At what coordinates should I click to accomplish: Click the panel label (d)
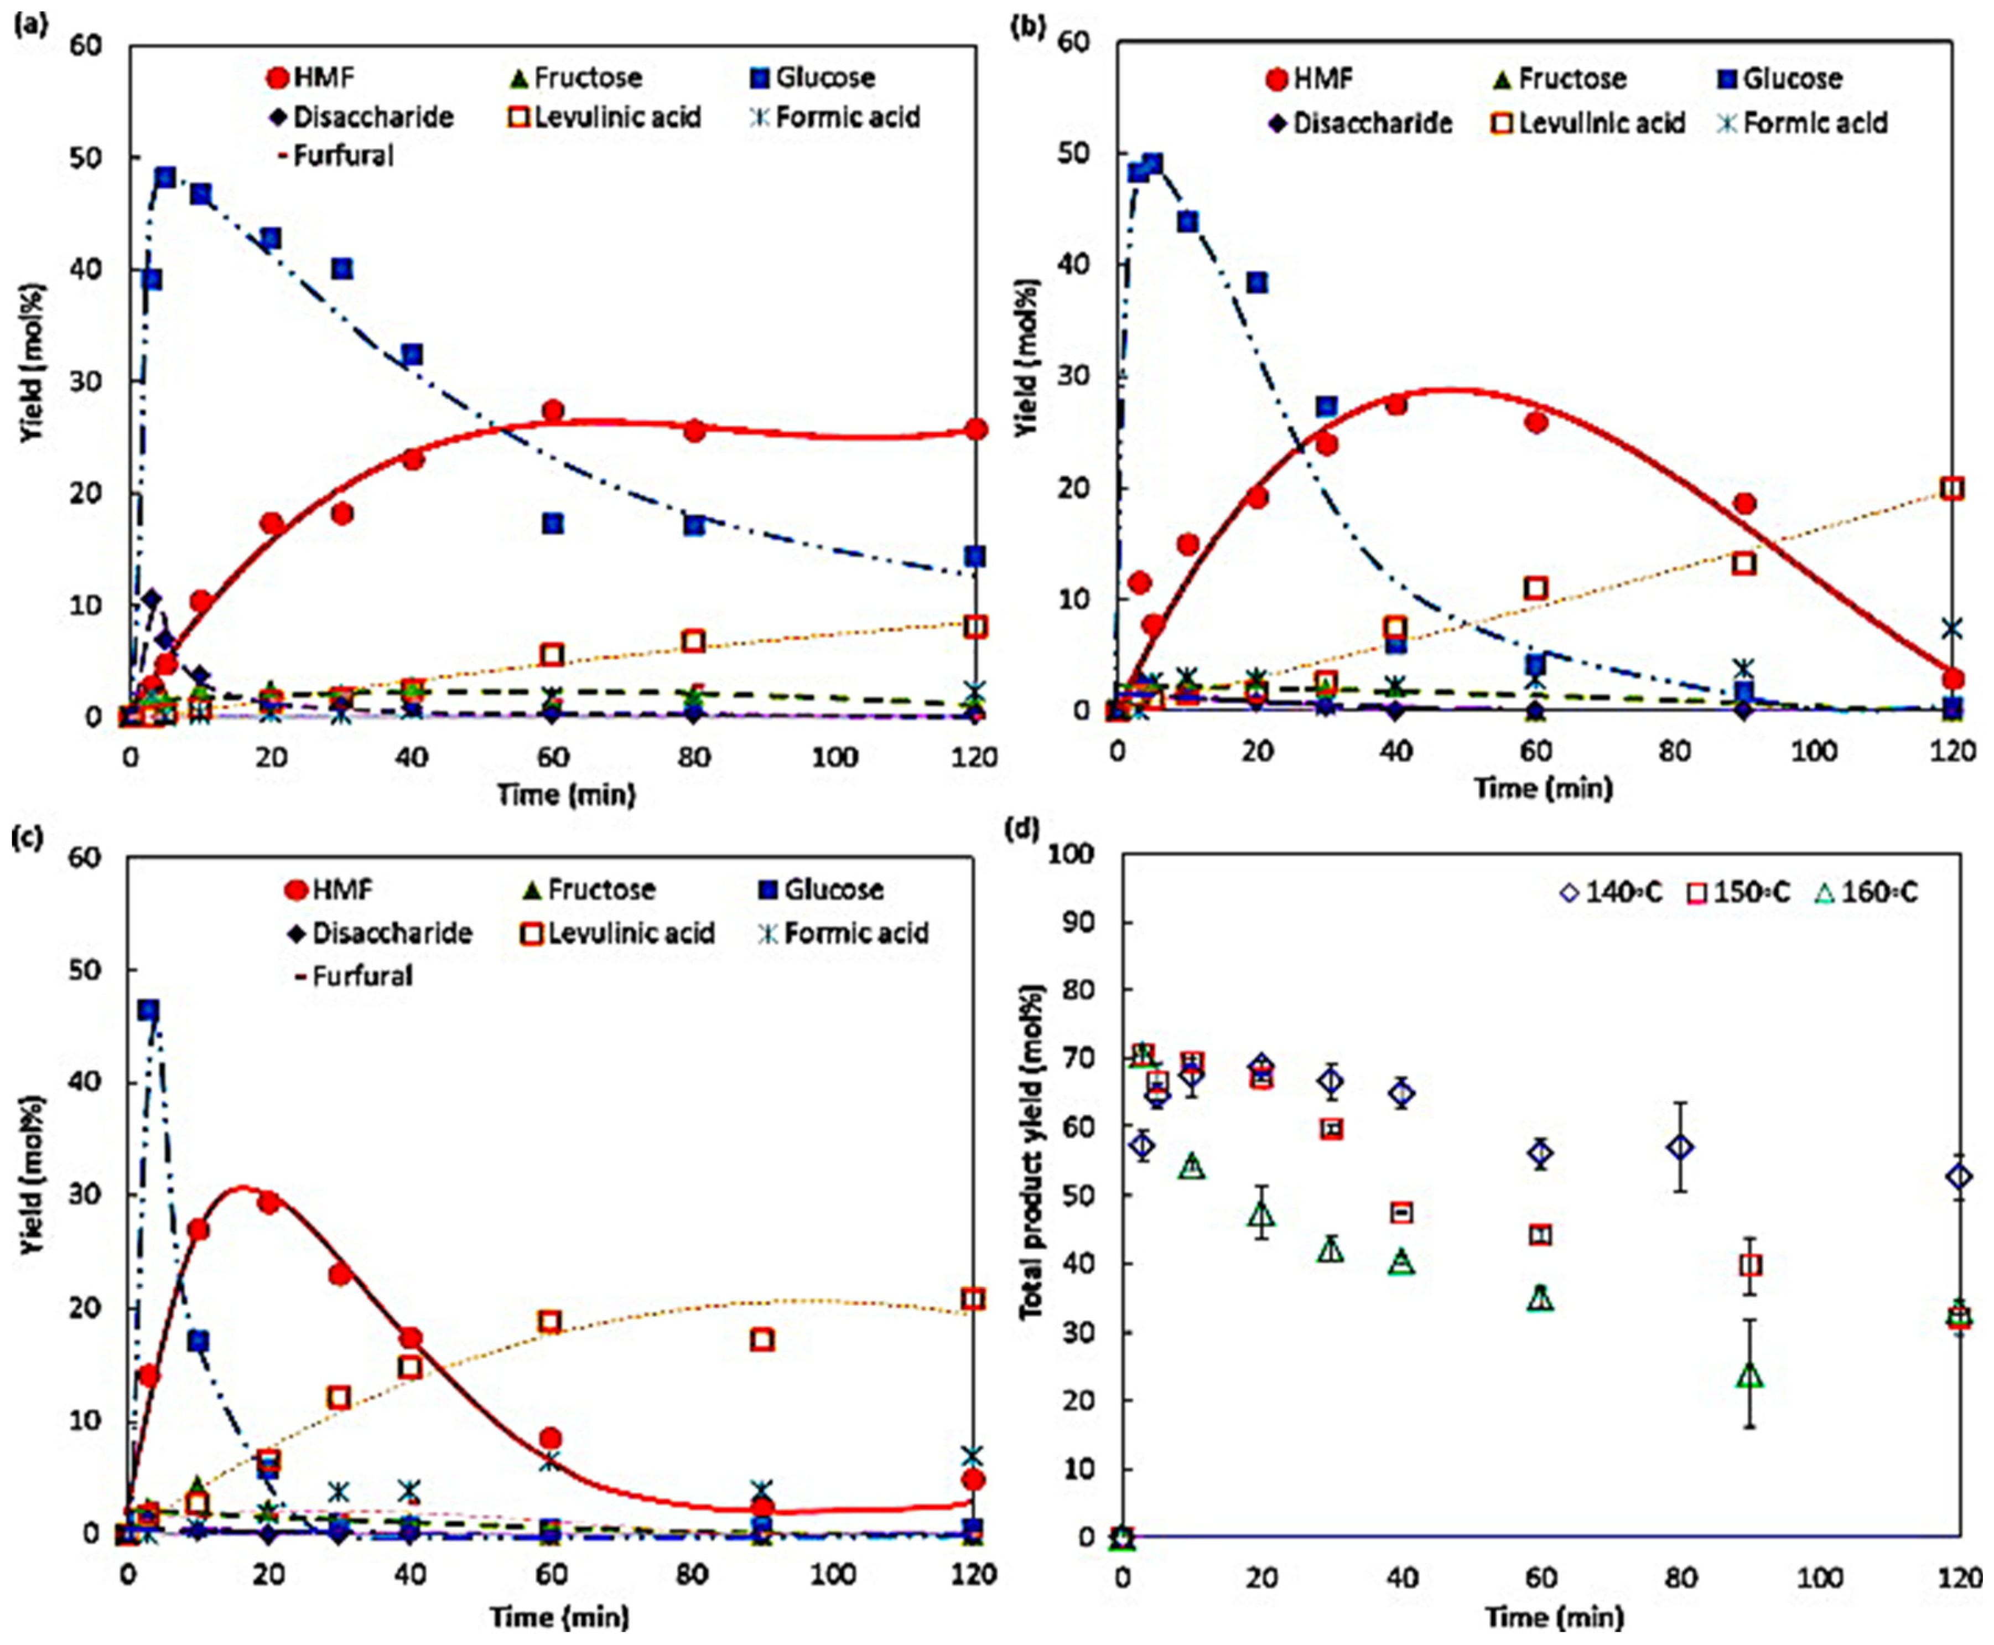[1025, 828]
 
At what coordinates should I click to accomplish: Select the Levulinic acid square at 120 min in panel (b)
[1951, 488]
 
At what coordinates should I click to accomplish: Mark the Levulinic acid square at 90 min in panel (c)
[762, 1339]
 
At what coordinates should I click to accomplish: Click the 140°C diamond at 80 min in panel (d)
[1680, 1147]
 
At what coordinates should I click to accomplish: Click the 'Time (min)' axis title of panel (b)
[1542, 788]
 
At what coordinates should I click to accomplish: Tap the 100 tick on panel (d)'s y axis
[1075, 855]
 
